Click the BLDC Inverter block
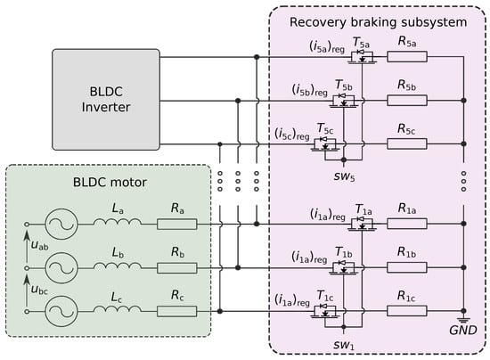tap(106, 100)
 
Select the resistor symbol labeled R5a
tap(407, 57)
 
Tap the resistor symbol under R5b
tap(407, 101)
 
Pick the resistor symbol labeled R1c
tap(407, 311)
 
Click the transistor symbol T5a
tap(362, 56)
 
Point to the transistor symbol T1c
tap(325, 311)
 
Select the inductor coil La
tap(118, 222)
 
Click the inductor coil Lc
tap(118, 308)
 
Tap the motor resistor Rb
tap(177, 268)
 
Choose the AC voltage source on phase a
tap(61, 224)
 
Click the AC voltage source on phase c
tap(61, 311)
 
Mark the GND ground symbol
tap(464, 320)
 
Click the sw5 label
tap(345, 176)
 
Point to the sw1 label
tap(344, 345)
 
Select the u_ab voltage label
tap(40, 245)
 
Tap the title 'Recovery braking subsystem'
tap(378, 22)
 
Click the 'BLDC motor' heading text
tap(110, 182)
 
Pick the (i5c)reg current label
tap(292, 134)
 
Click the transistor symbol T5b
tap(344, 100)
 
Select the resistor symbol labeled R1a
tap(407, 224)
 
